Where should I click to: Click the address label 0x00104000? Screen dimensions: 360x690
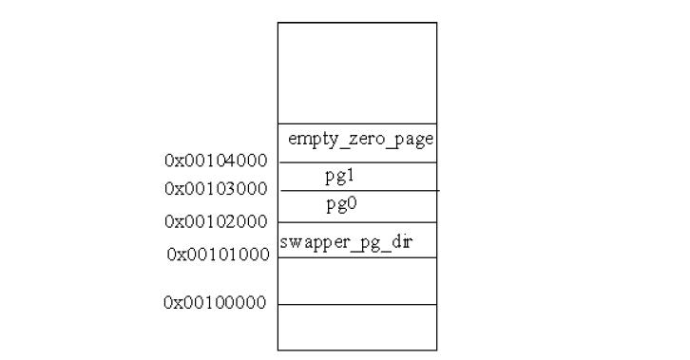coord(216,161)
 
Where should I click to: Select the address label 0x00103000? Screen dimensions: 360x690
coord(216,188)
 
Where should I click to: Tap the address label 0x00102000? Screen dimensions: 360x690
coord(216,221)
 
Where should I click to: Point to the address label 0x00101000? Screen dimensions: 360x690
coord(218,254)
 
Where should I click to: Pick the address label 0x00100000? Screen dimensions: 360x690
coord(215,303)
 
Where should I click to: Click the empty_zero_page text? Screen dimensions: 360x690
coord(360,140)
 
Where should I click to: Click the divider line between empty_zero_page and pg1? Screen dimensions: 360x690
coord(357,162)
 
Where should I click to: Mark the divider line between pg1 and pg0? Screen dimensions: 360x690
coord(357,191)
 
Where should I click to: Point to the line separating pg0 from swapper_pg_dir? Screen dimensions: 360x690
coord(357,222)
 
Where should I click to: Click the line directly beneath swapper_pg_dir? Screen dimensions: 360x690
coord(357,257)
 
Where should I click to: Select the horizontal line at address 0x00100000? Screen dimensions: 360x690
coord(357,305)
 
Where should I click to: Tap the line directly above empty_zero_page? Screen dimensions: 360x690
coord(357,123)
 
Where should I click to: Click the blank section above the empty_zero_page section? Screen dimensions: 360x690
coord(357,73)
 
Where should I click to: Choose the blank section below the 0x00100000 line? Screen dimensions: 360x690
coord(357,328)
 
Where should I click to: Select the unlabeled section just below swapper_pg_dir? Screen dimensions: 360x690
coord(357,281)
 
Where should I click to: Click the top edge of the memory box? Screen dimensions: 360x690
coord(357,23)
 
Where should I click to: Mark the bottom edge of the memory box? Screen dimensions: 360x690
coord(357,351)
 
